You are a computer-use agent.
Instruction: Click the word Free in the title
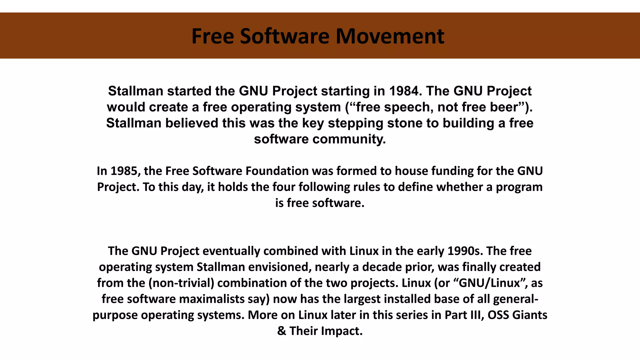tap(212, 36)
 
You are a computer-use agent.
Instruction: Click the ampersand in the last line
tap(281, 331)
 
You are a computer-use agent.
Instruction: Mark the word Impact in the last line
tap(342, 331)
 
